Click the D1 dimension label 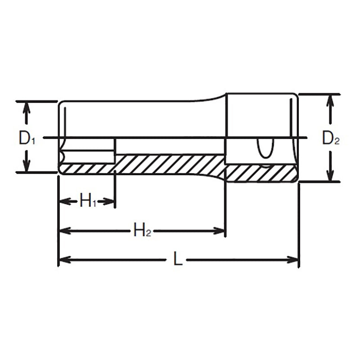point(26,138)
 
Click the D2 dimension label point(331,139)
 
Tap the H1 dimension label point(88,201)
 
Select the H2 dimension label point(142,231)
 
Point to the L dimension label point(178,260)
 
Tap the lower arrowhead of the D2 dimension point(331,176)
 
